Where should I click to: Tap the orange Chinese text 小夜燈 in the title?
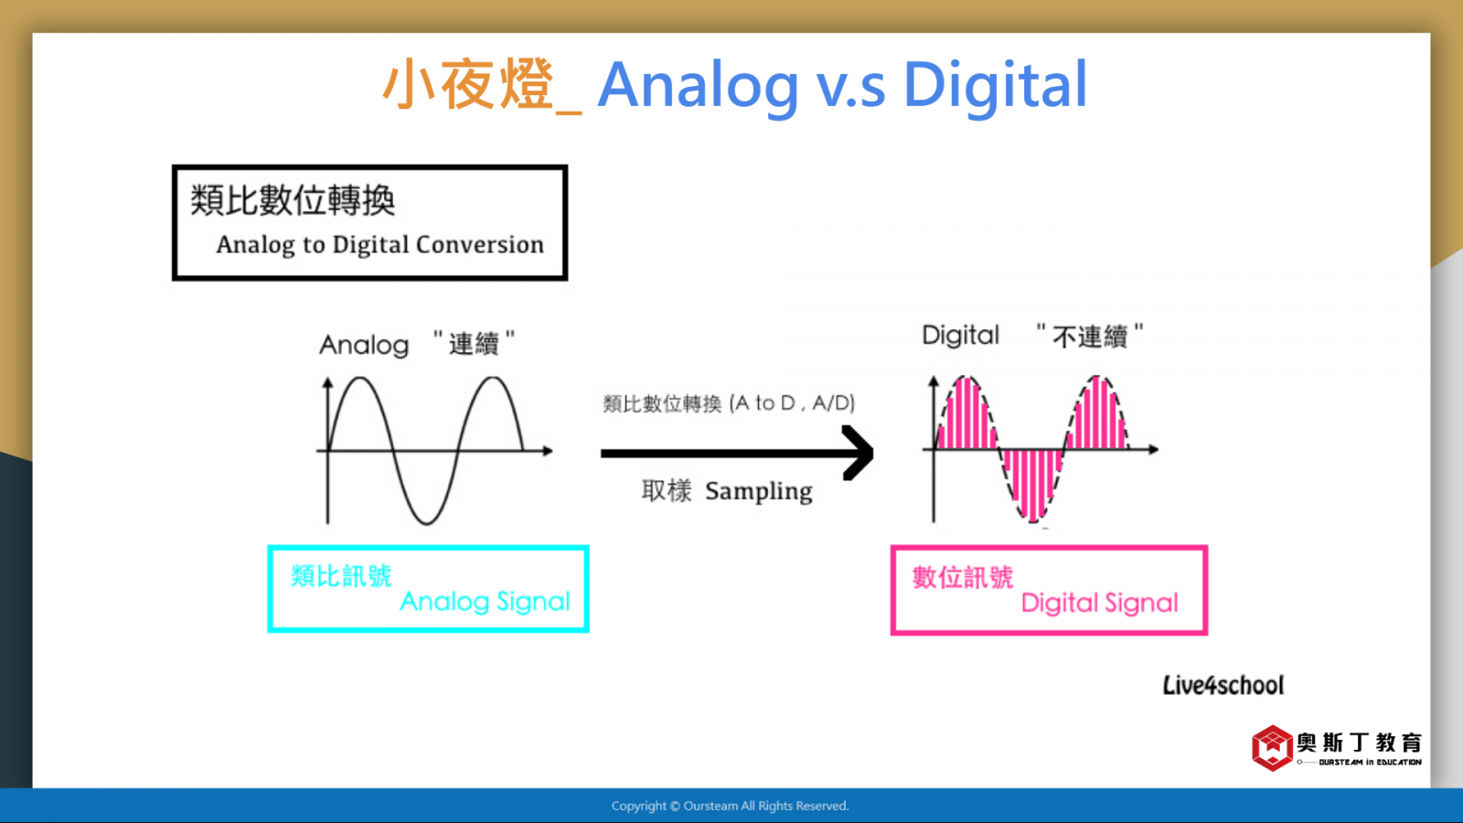(468, 83)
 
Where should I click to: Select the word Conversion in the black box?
(479, 244)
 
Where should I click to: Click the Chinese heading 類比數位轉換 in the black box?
(293, 200)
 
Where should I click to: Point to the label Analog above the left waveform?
(364, 345)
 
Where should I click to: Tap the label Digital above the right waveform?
(960, 336)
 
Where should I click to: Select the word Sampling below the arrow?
(759, 491)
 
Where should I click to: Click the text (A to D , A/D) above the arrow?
(792, 403)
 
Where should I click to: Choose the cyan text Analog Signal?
(485, 602)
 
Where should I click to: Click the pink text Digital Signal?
(1100, 603)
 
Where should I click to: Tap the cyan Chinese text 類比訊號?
(341, 576)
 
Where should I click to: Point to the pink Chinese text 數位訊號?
(963, 577)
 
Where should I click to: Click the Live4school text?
(1223, 685)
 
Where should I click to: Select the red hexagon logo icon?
(1272, 748)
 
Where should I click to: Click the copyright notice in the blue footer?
(731, 806)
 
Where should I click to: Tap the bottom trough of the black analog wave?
(426, 522)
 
